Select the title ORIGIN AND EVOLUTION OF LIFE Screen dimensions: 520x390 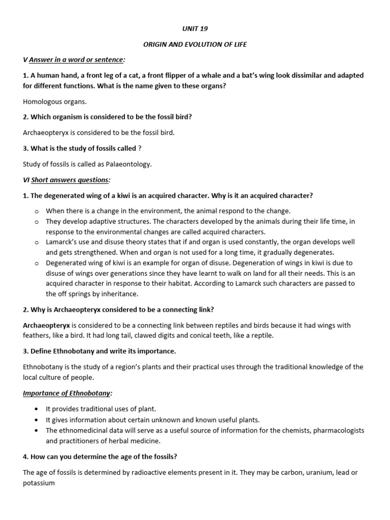195,44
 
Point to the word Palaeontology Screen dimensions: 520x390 128,164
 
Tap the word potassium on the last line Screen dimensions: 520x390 39,483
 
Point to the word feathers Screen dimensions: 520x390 37,335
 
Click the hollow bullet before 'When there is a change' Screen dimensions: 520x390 37,210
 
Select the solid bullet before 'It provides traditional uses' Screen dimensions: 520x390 37,409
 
